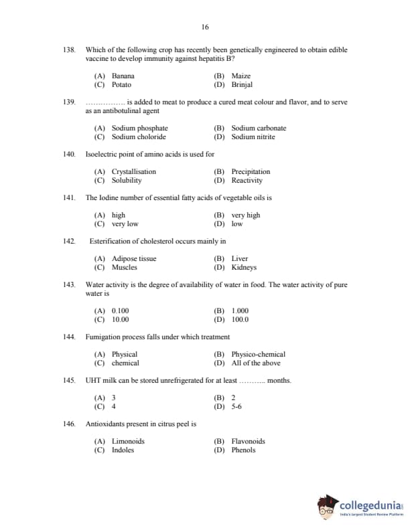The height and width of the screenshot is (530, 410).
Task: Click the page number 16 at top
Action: point(204,27)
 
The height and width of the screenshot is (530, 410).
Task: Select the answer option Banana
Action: point(123,76)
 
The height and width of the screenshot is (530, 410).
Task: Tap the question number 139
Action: point(69,102)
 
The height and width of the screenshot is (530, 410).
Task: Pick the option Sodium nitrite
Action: point(253,137)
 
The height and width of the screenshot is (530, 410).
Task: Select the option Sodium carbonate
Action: point(258,128)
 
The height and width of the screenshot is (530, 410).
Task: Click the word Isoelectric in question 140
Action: point(101,154)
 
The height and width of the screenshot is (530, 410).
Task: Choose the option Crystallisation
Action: point(133,171)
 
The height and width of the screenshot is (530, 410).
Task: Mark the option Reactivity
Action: point(247,180)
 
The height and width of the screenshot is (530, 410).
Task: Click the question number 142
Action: point(69,241)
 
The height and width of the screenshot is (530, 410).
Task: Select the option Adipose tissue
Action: point(133,258)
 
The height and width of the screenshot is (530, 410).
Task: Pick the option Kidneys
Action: point(244,267)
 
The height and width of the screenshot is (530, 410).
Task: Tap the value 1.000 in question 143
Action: point(240,311)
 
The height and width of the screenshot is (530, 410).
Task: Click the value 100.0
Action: point(240,319)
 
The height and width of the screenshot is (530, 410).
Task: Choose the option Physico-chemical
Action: point(258,354)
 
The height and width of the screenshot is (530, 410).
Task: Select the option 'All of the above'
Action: point(255,363)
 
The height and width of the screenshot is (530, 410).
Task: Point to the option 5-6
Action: point(236,406)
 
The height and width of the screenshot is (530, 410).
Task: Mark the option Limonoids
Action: point(128,441)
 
